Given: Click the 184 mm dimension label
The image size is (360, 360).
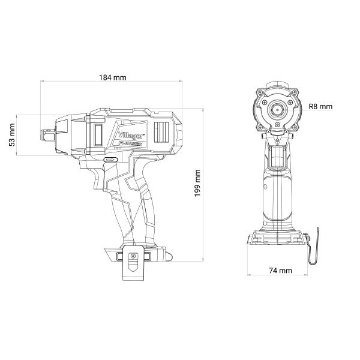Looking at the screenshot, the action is [113, 77].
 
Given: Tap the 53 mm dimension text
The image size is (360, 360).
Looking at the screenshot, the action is [12, 135].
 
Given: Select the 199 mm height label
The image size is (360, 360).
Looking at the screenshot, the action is [197, 183].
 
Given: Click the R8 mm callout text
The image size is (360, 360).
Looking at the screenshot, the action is [320, 107].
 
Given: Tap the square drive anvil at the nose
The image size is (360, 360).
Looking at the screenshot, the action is [47, 135].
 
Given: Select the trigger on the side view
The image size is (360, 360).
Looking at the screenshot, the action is [98, 179].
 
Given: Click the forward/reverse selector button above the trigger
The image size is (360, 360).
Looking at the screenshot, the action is [110, 160].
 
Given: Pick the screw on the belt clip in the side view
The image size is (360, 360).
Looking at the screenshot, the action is [133, 256].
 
